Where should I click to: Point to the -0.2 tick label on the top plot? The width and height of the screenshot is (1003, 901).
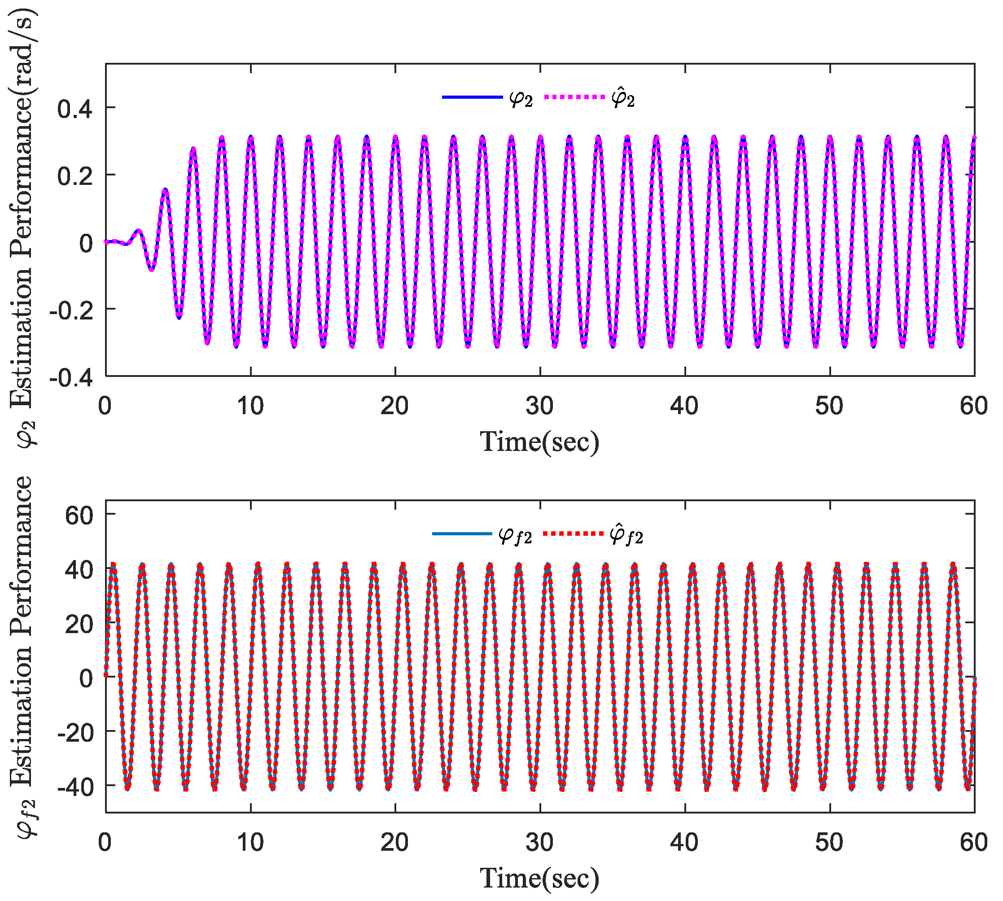71,311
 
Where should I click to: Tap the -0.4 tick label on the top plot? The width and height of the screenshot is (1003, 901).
71,378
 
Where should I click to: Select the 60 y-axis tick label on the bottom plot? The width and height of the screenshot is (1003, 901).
79,516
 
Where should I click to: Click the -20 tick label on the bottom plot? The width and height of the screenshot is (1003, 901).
75,732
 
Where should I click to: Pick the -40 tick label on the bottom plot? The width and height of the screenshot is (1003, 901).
75,786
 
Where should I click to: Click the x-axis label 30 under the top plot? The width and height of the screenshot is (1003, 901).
539,406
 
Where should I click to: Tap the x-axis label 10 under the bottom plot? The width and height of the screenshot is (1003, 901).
250,842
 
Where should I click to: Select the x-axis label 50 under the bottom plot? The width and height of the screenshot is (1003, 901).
829,842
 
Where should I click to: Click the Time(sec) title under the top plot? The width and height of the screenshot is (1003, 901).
539,442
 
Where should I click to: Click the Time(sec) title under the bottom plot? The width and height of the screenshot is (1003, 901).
539,878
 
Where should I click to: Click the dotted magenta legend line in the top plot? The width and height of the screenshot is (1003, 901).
574,97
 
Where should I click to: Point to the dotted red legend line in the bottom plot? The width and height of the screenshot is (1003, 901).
573,534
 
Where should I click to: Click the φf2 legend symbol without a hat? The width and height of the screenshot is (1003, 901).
515,535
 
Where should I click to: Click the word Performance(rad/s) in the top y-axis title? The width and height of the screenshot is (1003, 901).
21,134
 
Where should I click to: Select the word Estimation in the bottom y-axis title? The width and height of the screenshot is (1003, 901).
21,713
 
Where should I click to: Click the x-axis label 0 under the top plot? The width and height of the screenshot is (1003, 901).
105,406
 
